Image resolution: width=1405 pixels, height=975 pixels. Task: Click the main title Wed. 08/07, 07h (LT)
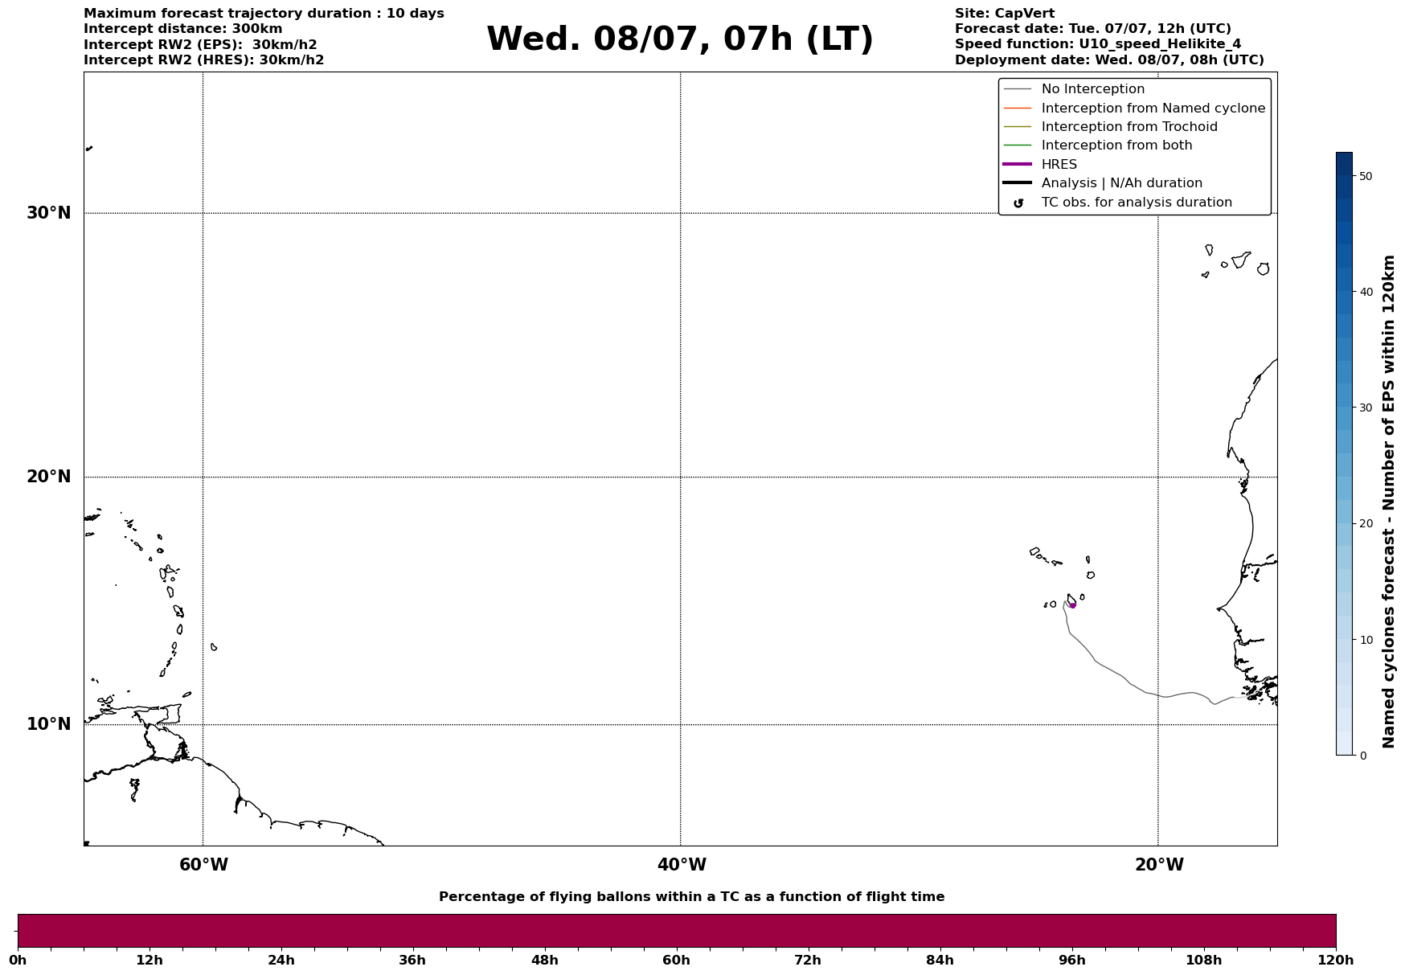[x=679, y=39]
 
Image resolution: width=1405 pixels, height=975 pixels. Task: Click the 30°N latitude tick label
[x=48, y=213]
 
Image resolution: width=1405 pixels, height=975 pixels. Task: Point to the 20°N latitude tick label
[x=48, y=477]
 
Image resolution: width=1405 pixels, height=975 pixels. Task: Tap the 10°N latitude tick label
[x=48, y=724]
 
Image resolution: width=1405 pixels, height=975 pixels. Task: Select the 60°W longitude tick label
[x=203, y=865]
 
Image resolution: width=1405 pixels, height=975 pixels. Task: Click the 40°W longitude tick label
[x=682, y=865]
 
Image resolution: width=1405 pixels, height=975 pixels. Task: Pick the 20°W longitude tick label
[x=1159, y=865]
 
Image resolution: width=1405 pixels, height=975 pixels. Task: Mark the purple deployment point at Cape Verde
[x=1072, y=605]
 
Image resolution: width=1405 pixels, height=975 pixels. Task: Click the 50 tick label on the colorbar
[x=1365, y=176]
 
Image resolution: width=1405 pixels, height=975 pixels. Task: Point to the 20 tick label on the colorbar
[x=1365, y=524]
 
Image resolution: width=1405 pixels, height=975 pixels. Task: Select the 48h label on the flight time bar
[x=544, y=961]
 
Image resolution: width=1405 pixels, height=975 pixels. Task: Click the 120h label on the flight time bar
[x=1336, y=961]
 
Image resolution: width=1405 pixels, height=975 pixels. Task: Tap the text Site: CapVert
[x=1005, y=14]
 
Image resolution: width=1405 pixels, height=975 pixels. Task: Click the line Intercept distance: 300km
[x=183, y=29]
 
